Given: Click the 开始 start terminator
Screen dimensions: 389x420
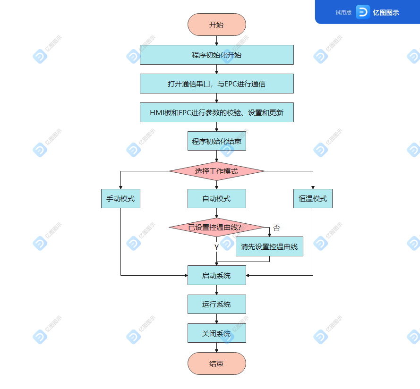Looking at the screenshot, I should tap(216, 25).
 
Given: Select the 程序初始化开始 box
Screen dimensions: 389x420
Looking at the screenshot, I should tap(216, 55).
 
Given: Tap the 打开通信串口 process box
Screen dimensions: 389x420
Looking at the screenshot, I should tap(216, 84).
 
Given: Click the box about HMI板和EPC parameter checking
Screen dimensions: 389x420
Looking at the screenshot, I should tap(216, 112).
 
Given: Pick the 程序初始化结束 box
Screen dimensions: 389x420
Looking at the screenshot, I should tap(216, 141).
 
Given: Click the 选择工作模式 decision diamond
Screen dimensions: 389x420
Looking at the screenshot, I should tap(216, 171).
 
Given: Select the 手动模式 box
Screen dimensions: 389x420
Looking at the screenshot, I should tap(120, 199).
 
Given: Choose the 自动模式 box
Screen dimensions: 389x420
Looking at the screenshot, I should tap(216, 199).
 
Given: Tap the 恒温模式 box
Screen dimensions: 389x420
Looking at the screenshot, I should tap(313, 199).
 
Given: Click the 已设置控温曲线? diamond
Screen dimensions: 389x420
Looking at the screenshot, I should tap(216, 228).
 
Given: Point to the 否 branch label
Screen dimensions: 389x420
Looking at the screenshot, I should tap(276, 228).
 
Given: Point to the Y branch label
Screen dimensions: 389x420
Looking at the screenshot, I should tap(216, 247).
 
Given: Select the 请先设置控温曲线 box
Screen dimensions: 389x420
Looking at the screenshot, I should tap(269, 246).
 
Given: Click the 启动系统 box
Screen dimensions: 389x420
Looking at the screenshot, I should tap(216, 275).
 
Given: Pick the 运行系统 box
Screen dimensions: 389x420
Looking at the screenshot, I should tap(216, 304).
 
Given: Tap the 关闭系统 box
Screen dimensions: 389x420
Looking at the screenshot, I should tap(216, 333).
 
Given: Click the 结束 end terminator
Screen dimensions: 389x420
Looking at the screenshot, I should tap(216, 364).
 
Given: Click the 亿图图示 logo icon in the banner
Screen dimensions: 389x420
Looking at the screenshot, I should tap(362, 12).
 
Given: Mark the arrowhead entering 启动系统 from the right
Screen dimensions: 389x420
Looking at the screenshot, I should tap(248, 275).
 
